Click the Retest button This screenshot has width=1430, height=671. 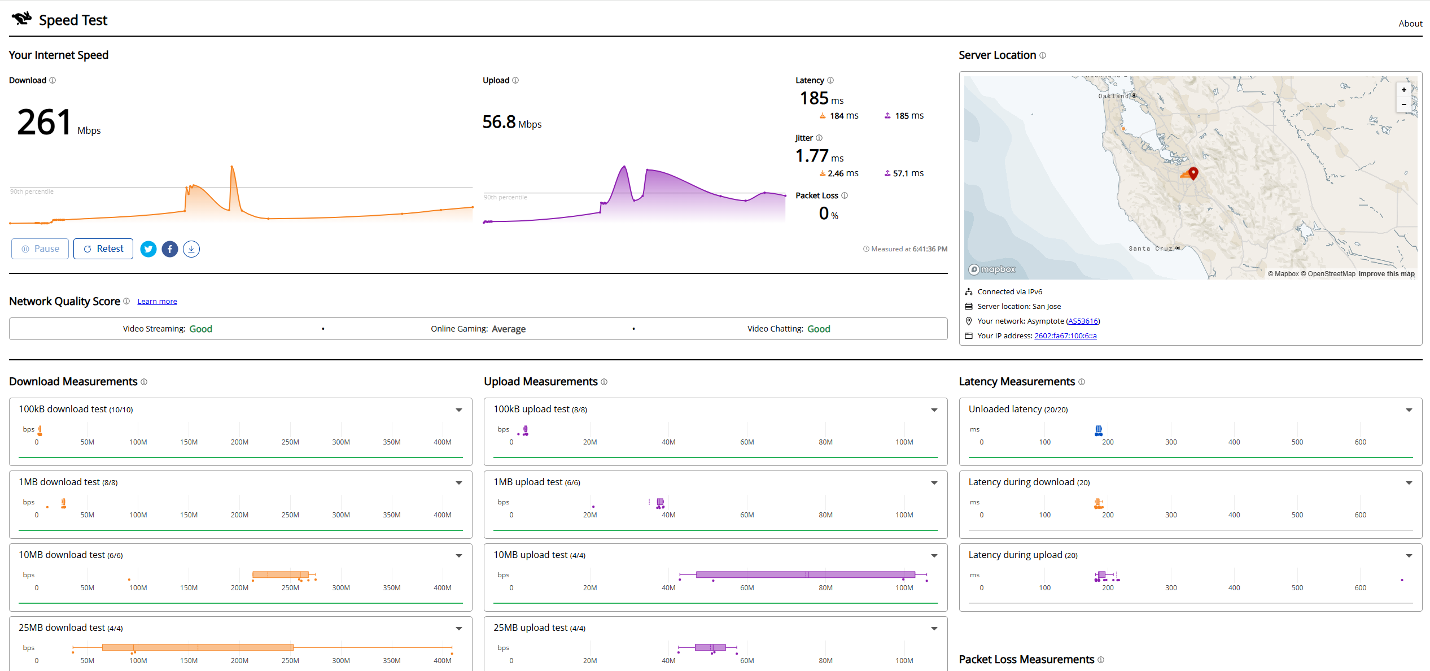coord(103,249)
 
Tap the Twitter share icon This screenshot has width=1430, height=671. coord(148,249)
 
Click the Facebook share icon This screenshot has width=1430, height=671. coord(170,249)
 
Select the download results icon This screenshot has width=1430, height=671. coord(191,249)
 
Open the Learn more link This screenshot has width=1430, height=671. coord(157,302)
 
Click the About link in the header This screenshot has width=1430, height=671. coord(1410,23)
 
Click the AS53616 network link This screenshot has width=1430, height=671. coord(1083,321)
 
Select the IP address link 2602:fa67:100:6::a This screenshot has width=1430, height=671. coord(1065,336)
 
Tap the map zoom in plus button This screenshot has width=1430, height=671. coord(1404,90)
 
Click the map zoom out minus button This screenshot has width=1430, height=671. coord(1404,104)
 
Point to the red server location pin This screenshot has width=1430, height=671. coord(1193,173)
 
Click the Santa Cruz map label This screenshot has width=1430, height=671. coord(1151,249)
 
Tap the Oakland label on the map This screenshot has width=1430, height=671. coord(1113,96)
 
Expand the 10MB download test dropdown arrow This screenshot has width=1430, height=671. coord(459,556)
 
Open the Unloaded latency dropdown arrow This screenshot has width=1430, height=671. coord(1409,410)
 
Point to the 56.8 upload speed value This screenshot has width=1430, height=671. coord(499,122)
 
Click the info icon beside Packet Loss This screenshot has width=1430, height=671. coord(845,195)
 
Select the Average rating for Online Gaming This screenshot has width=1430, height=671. coord(509,329)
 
